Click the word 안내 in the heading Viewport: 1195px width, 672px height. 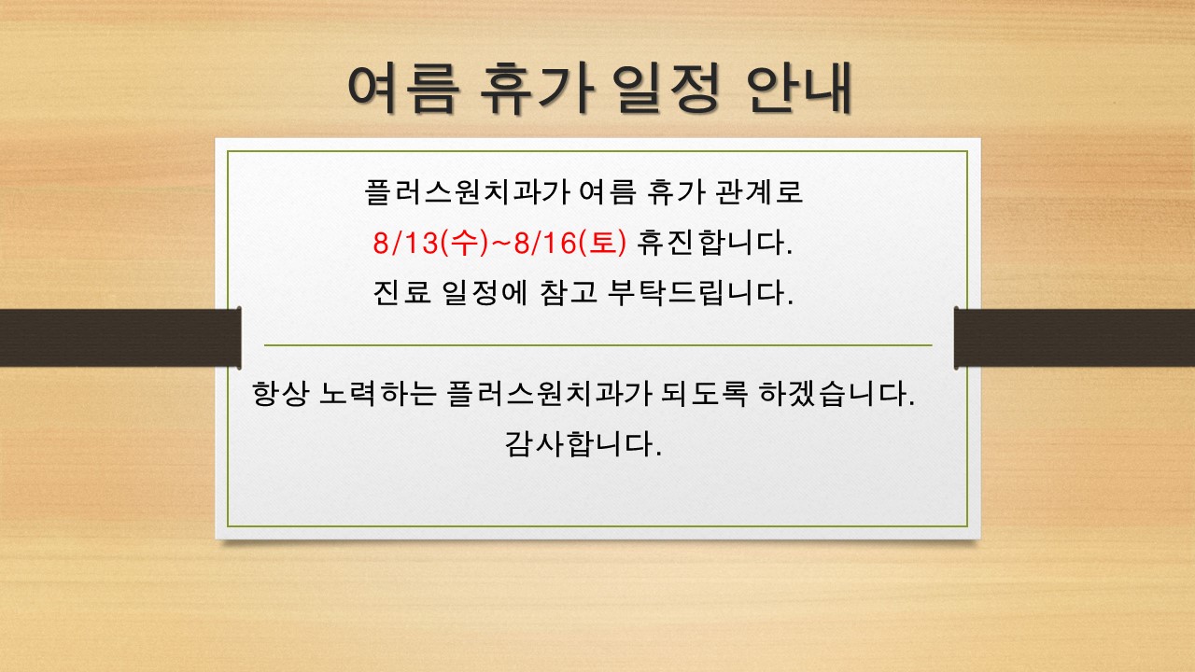[x=798, y=88]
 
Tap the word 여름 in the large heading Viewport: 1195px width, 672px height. [x=403, y=88]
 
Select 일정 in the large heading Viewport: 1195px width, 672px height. [x=666, y=88]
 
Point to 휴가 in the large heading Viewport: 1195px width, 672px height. [x=535, y=88]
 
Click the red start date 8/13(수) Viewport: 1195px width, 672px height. [x=430, y=243]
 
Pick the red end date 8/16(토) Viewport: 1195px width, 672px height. [x=569, y=243]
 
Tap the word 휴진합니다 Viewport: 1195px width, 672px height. [x=714, y=243]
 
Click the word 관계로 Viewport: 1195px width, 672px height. [x=758, y=192]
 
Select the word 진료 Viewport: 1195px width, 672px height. [x=401, y=292]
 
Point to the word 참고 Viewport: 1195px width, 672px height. [x=569, y=292]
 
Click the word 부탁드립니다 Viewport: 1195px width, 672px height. [x=700, y=292]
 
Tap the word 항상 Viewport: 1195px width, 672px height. [x=280, y=394]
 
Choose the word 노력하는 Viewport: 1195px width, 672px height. [x=377, y=394]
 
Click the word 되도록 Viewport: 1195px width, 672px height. [x=704, y=394]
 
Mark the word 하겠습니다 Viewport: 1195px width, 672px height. [x=836, y=394]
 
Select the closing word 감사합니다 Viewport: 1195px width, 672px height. [x=583, y=443]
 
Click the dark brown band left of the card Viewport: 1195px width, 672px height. [x=120, y=338]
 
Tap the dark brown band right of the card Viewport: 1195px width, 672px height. [x=1074, y=338]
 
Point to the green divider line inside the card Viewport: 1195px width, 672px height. [x=598, y=345]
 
